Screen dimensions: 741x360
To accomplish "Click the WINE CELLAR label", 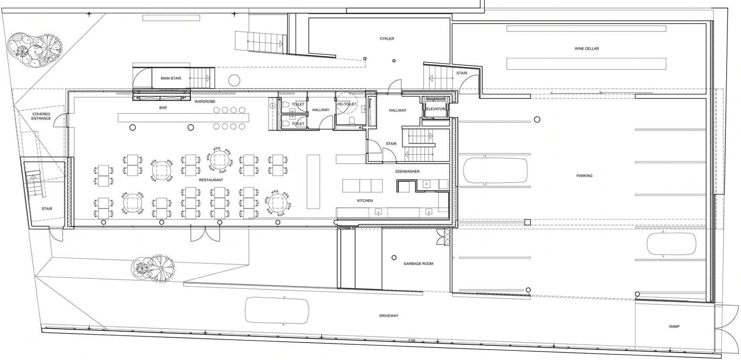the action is click(x=587, y=49).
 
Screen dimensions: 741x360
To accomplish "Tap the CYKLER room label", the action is click(x=387, y=39).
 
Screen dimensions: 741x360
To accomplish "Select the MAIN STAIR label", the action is click(x=171, y=78).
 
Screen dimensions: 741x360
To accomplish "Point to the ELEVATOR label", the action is click(x=435, y=109).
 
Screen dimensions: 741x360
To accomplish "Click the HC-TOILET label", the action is click(x=347, y=104).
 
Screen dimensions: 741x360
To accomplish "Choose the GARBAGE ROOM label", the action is click(x=418, y=264).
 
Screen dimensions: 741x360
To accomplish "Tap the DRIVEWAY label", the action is click(x=389, y=316).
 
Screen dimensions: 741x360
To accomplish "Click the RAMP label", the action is click(x=674, y=326).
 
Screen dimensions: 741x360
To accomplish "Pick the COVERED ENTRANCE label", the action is click(x=41, y=116).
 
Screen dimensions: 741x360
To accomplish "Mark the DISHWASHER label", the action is click(x=407, y=171).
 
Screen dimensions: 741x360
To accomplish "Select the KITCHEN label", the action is click(x=365, y=200).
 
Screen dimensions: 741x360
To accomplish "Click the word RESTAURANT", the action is click(x=211, y=180).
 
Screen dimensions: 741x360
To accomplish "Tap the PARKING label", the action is click(x=584, y=176).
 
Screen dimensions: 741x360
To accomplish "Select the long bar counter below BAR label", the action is click(x=184, y=118).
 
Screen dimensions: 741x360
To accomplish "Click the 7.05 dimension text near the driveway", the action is click(x=411, y=340).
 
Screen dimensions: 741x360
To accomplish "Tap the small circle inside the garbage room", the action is click(x=394, y=258).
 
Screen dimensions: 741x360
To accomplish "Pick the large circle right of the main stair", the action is click(x=234, y=80).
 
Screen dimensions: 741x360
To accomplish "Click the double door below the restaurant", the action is click(x=205, y=234).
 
